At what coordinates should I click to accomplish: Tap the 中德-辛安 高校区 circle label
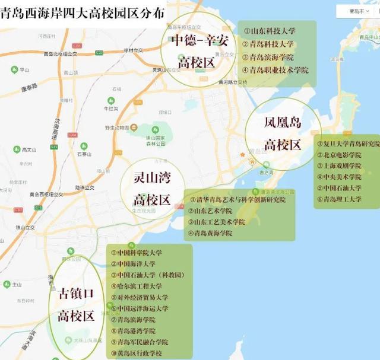[196, 51]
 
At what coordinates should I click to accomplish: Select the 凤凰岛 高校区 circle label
[283, 133]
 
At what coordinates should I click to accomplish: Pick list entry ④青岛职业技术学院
[275, 70]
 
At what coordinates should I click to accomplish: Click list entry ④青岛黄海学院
[211, 233]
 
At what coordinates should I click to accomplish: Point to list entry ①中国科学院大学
[136, 253]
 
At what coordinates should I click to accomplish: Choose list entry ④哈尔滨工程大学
[136, 286]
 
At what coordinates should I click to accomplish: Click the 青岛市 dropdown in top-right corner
[357, 11]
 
